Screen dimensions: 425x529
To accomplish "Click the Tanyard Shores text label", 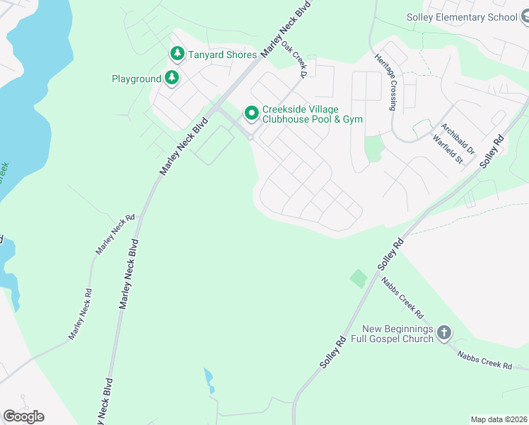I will (221, 54).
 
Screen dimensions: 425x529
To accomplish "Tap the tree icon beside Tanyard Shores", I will (176, 54).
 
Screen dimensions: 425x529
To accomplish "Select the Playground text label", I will (136, 79).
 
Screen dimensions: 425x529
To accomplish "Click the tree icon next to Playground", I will (172, 79).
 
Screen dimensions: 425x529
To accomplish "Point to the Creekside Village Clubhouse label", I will (312, 114).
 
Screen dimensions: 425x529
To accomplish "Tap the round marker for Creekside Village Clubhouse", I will (251, 113).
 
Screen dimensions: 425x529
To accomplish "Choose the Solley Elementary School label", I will (462, 17).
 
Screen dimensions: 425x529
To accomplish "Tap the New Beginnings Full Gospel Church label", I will (397, 334).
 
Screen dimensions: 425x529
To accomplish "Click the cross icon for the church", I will (444, 333).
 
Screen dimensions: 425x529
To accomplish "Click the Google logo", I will (23, 416).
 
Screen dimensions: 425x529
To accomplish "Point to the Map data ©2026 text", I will (499, 419).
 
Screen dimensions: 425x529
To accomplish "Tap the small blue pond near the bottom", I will (209, 380).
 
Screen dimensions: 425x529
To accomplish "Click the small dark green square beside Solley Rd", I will (359, 278).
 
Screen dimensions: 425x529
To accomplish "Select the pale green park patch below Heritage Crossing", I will (373, 148).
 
